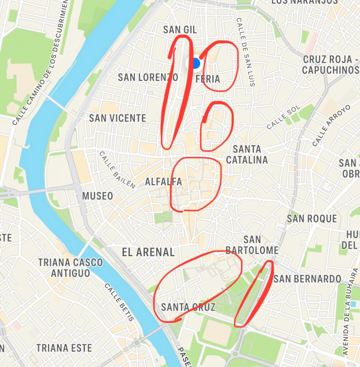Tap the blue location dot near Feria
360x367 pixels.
[195, 63]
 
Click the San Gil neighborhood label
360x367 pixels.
[180, 30]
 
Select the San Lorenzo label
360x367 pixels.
[148, 77]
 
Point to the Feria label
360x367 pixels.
[208, 79]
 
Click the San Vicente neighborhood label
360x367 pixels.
[118, 118]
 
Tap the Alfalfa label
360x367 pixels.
[164, 182]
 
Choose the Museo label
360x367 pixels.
[98, 196]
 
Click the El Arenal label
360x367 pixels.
[148, 252]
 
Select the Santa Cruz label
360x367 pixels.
[188, 307]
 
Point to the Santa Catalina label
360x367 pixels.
[247, 154]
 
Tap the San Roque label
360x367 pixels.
[312, 218]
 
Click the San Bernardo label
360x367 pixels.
[307, 278]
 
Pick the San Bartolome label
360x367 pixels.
[252, 245]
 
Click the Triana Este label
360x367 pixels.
[64, 348]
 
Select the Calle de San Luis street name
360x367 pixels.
[246, 52]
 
